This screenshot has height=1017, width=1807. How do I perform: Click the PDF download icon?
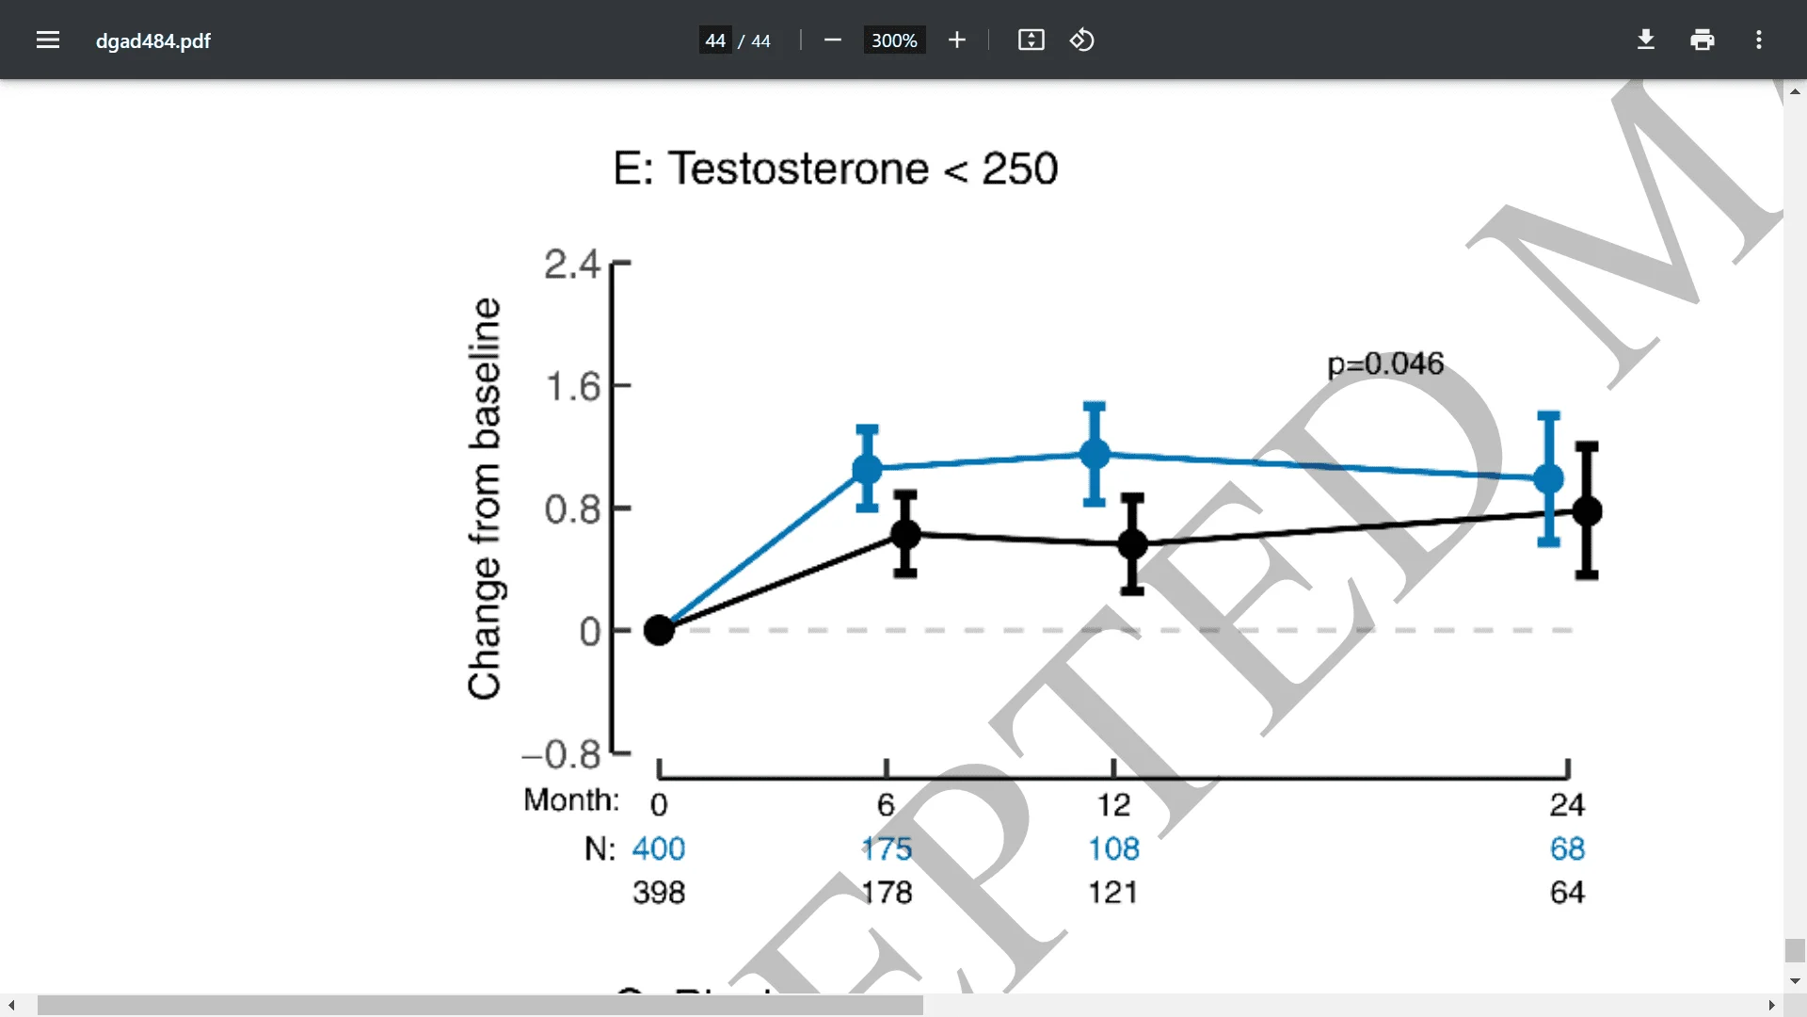[x=1645, y=40]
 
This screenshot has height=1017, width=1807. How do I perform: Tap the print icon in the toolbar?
[x=1702, y=40]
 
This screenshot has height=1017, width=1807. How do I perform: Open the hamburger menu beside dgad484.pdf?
[x=48, y=40]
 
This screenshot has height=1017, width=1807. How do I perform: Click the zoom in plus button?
[x=957, y=40]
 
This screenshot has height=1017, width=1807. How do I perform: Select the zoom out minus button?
[x=832, y=40]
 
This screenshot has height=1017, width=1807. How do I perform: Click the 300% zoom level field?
[x=894, y=40]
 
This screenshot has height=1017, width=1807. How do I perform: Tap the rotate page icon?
[x=1082, y=40]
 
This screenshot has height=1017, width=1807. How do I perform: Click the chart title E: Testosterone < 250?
[x=836, y=169]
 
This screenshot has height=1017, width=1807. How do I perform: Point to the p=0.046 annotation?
[x=1384, y=363]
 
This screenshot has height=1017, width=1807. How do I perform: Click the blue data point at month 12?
[x=1095, y=454]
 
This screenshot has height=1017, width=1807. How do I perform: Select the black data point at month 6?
[x=905, y=534]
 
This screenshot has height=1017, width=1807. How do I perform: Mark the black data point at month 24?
[x=1587, y=510]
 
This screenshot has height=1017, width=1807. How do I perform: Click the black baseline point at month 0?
[x=659, y=630]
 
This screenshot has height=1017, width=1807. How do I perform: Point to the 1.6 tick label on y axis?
[x=572, y=386]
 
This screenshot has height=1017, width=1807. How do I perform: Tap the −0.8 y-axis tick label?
[x=562, y=754]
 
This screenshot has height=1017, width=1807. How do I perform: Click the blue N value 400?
[x=659, y=848]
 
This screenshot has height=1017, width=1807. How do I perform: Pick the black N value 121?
[x=1113, y=892]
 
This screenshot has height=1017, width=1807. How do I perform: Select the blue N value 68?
[x=1567, y=848]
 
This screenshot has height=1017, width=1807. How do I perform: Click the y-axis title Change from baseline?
[x=485, y=499]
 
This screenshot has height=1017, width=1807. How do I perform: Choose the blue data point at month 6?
[x=867, y=468]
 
